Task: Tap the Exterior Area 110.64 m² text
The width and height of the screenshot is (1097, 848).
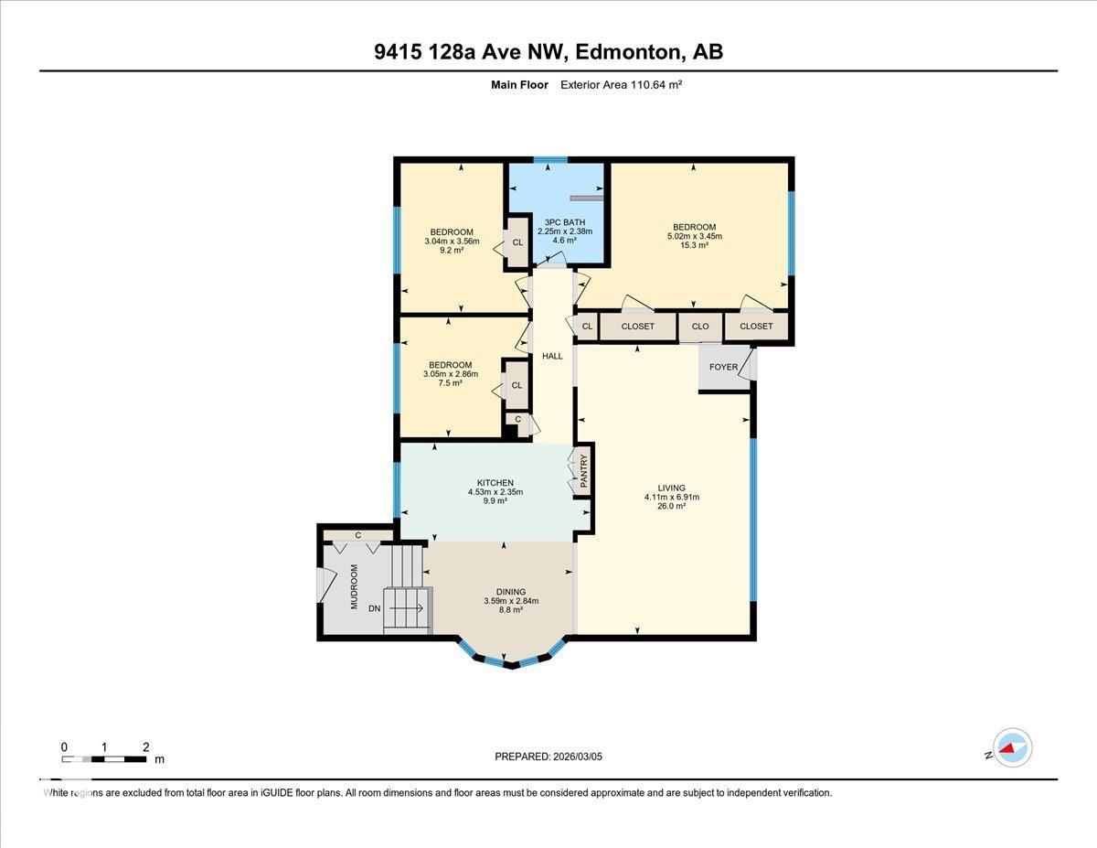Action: pos(622,84)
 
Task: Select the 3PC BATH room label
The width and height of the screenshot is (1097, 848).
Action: pos(564,222)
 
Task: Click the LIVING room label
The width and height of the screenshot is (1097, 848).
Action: pos(671,488)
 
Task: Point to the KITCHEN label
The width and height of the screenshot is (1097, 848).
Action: pos(495,483)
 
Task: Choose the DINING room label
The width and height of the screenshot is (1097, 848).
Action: pos(511,592)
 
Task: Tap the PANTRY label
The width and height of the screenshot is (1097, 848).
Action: pos(582,471)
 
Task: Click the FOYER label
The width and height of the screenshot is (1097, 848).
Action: pos(723,368)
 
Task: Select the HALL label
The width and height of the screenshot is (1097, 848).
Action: pos(552,356)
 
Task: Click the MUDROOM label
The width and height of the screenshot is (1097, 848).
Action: pos(355,586)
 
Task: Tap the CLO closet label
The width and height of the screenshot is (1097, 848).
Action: pos(700,327)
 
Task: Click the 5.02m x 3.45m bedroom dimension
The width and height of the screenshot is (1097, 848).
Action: pos(695,236)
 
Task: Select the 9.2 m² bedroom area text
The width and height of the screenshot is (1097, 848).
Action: pos(452,250)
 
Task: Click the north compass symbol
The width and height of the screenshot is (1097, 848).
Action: pos(1011,747)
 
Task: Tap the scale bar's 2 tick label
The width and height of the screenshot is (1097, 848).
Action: pos(145,747)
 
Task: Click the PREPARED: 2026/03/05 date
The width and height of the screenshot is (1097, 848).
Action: pos(548,757)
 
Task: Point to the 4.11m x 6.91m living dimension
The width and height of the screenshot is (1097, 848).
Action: pos(671,498)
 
